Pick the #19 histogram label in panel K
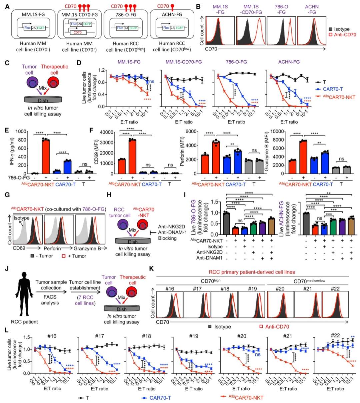(252, 288)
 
